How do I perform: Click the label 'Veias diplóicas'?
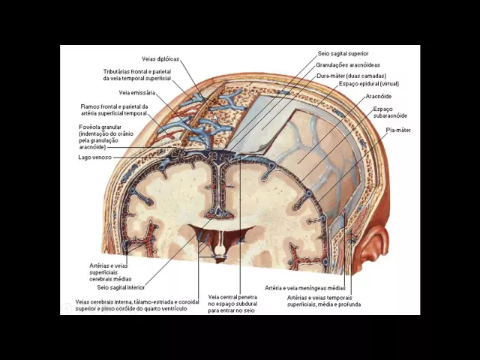[160, 59]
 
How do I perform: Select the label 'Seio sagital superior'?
[343, 54]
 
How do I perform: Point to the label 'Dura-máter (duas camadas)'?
[351, 76]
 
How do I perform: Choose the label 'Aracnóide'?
[378, 97]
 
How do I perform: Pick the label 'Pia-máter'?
[398, 130]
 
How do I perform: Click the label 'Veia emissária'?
[137, 93]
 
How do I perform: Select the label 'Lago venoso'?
[94, 157]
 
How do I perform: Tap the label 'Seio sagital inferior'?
[121, 287]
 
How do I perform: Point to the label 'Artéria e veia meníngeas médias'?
[305, 287]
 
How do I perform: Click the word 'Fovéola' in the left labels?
[91, 127]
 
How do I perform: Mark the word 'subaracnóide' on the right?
[390, 116]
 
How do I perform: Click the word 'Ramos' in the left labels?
[90, 106]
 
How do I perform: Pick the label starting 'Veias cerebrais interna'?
[131, 302]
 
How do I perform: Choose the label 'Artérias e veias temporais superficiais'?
[322, 297]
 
